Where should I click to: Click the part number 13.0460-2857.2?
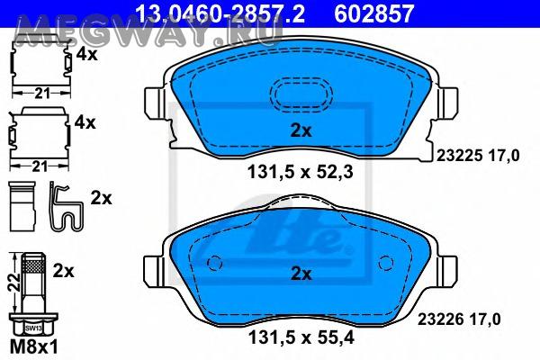[x=220, y=13]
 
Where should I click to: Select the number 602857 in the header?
[x=374, y=13]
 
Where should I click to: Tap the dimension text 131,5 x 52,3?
[x=301, y=172]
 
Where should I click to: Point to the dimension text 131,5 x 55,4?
[x=301, y=337]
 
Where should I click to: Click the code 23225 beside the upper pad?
[x=459, y=156]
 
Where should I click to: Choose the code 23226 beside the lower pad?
[x=440, y=319]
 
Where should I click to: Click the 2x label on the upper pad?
[x=301, y=130]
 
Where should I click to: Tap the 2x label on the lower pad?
[x=301, y=274]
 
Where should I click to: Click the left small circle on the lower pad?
[x=215, y=263]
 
